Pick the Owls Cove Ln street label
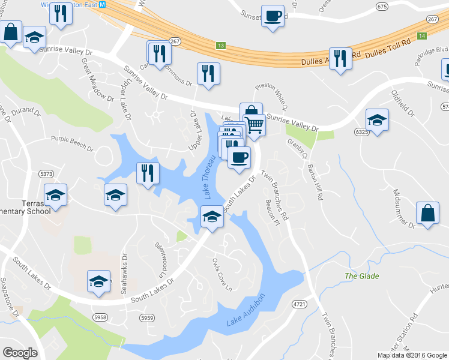[221, 274]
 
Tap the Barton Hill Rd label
[316, 182]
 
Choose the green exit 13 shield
[221, 46]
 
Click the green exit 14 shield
[423, 37]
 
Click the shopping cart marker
[255, 125]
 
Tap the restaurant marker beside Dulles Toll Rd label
[340, 58]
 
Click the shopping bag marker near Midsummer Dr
[427, 214]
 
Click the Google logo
[20, 353]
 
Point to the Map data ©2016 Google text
[412, 355]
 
